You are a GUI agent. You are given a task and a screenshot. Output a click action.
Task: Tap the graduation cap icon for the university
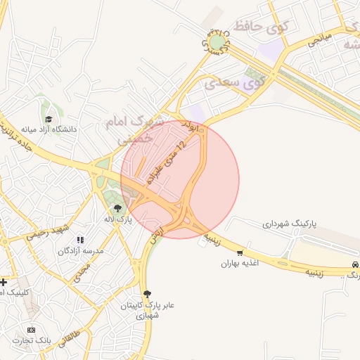click(x=49, y=120)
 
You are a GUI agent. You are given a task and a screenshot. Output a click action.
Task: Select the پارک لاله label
click(x=118, y=219)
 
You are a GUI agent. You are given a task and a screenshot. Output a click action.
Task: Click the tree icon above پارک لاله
click(x=117, y=207)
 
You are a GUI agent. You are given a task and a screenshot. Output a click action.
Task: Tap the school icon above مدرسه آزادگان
click(x=79, y=240)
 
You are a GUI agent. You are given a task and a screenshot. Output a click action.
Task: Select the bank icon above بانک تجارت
click(x=31, y=330)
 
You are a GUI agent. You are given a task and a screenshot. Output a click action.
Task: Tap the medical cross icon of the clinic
click(x=4, y=282)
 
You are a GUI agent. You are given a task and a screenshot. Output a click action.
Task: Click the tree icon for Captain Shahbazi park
click(x=146, y=294)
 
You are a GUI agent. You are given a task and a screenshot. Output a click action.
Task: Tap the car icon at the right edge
click(x=355, y=264)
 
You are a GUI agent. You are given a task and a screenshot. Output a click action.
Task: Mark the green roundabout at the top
click(x=217, y=43)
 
